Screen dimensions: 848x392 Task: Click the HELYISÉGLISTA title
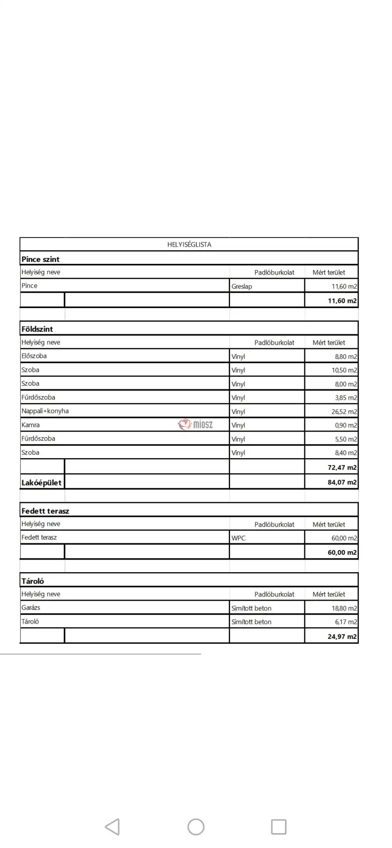[189, 245]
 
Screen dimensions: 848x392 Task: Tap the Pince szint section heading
[40, 259]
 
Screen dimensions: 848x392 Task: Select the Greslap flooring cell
[241, 286]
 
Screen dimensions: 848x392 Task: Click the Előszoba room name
[34, 356]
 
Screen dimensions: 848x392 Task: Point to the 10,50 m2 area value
[344, 370]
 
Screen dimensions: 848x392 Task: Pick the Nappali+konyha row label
[45, 411]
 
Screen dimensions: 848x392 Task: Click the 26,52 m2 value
[344, 411]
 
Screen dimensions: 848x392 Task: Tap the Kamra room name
[31, 425]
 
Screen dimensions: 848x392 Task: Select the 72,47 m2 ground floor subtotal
[342, 467]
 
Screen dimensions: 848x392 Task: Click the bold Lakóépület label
[42, 483]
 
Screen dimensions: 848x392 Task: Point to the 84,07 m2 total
[342, 482]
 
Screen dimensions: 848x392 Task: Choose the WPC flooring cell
[238, 538]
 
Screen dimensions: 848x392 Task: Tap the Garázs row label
[31, 608]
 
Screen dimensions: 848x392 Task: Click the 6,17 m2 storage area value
[345, 622]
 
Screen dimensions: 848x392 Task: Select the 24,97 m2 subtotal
[342, 637]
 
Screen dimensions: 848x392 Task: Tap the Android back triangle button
[113, 827]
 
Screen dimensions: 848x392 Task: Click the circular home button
[196, 827]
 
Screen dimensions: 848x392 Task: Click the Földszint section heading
[37, 329]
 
